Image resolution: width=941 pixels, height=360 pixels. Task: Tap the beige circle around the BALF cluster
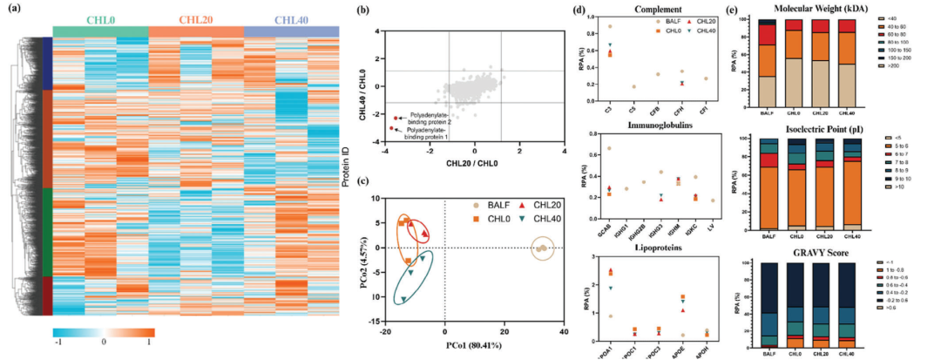coord(542,248)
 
